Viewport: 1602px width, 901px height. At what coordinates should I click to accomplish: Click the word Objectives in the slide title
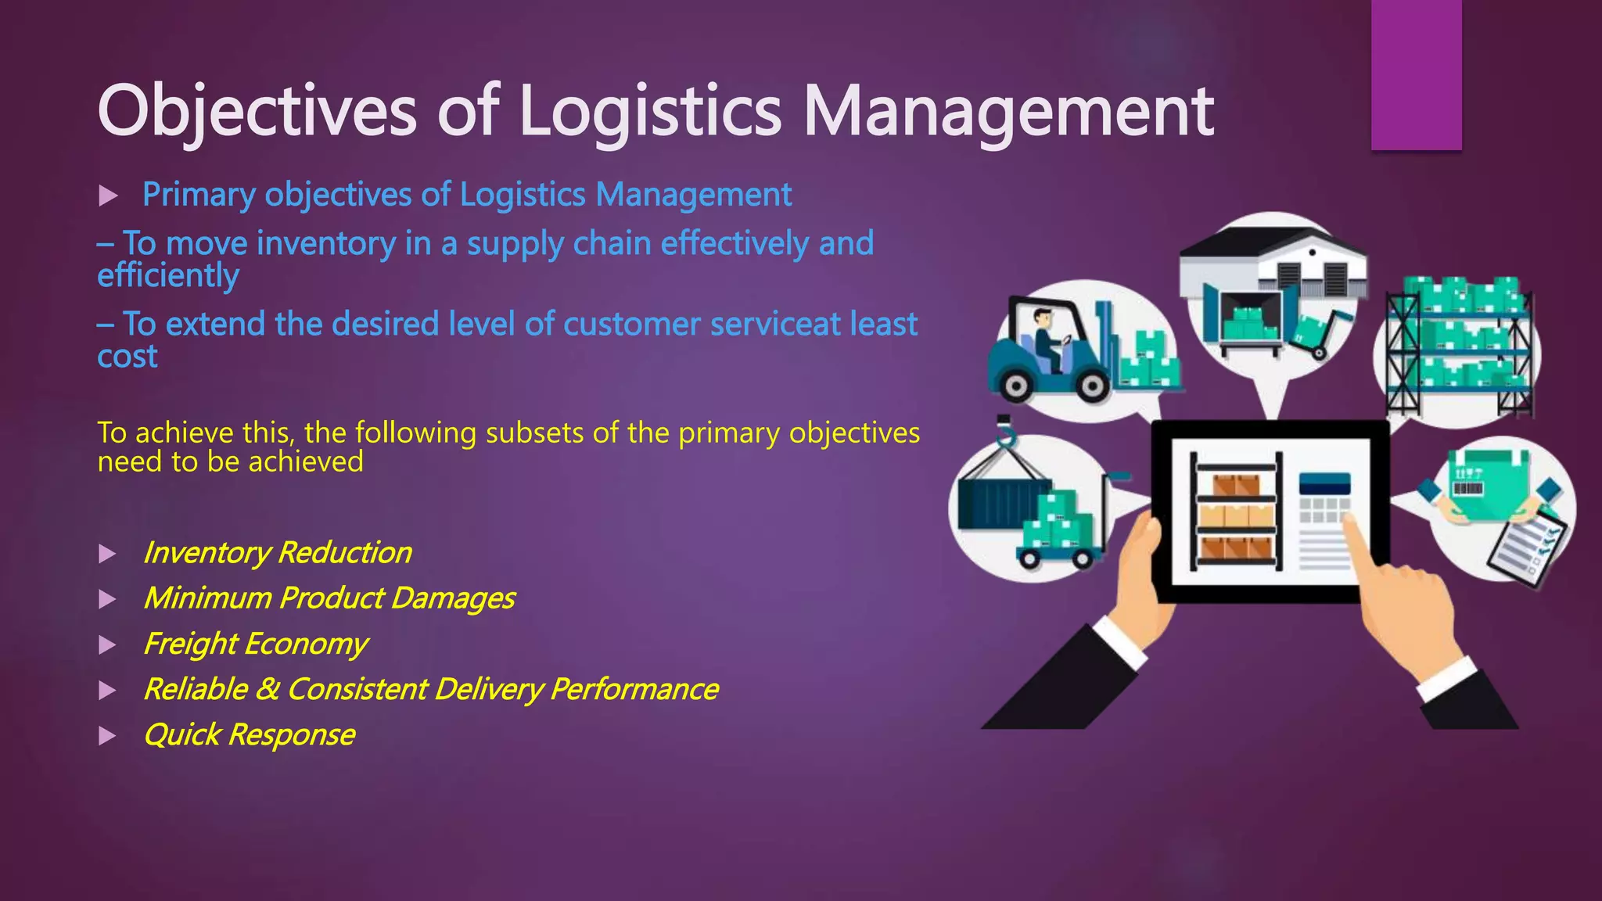257,111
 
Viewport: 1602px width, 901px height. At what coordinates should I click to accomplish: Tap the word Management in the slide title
1009,111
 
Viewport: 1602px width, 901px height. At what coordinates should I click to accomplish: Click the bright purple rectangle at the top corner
1416,74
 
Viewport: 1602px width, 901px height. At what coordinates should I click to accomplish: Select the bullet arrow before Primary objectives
108,196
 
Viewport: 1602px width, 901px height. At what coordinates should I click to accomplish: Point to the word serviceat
775,324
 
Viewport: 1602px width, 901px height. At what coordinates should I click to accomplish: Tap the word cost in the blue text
127,357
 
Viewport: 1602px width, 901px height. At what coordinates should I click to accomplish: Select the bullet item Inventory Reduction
277,553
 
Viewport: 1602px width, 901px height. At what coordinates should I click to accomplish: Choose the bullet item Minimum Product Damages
329,598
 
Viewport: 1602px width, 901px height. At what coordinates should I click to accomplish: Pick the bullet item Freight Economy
255,644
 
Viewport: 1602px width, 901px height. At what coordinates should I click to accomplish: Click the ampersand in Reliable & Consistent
268,689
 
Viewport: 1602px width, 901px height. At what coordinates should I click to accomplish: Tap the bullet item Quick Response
249,735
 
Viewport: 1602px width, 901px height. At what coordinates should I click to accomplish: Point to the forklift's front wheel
1092,386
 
